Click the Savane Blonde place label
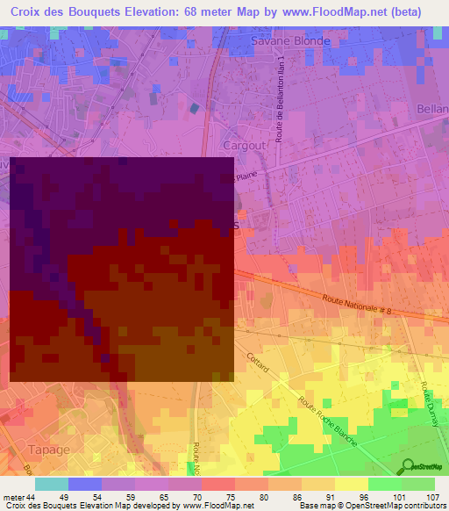click(290, 40)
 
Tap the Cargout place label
click(244, 145)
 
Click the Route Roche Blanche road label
click(327, 421)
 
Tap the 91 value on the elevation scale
click(330, 496)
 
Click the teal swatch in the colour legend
click(51, 484)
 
